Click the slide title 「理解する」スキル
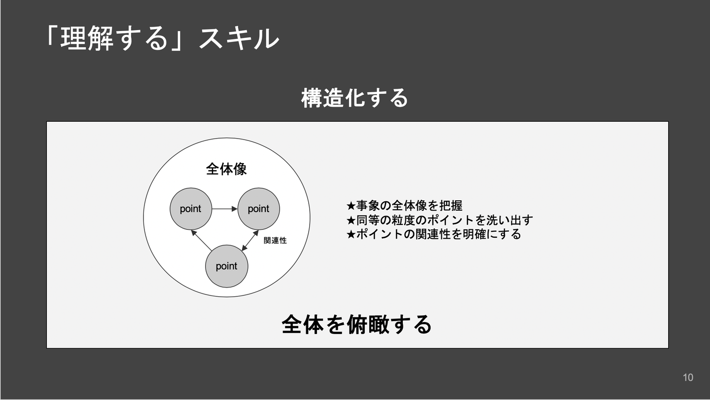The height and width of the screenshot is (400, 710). point(161,39)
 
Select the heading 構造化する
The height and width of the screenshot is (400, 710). point(355,98)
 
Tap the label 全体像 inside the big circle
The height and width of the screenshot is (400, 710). point(226,170)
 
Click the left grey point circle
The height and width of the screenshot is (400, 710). point(191,209)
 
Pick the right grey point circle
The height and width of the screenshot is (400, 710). point(258,209)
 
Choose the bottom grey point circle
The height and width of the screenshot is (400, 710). point(227,266)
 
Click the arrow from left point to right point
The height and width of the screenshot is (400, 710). point(225,209)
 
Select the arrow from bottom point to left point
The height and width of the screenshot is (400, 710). point(201,240)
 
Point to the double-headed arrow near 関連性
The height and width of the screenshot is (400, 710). point(250,240)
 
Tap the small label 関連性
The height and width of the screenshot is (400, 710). point(275,241)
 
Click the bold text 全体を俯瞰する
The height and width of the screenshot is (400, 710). point(356,325)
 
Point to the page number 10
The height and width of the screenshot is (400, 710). point(688,377)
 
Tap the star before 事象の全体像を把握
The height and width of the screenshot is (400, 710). point(351,206)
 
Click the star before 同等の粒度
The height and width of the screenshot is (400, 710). point(351,220)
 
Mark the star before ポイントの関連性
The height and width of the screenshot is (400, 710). point(351,234)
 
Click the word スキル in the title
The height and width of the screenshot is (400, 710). point(239,39)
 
